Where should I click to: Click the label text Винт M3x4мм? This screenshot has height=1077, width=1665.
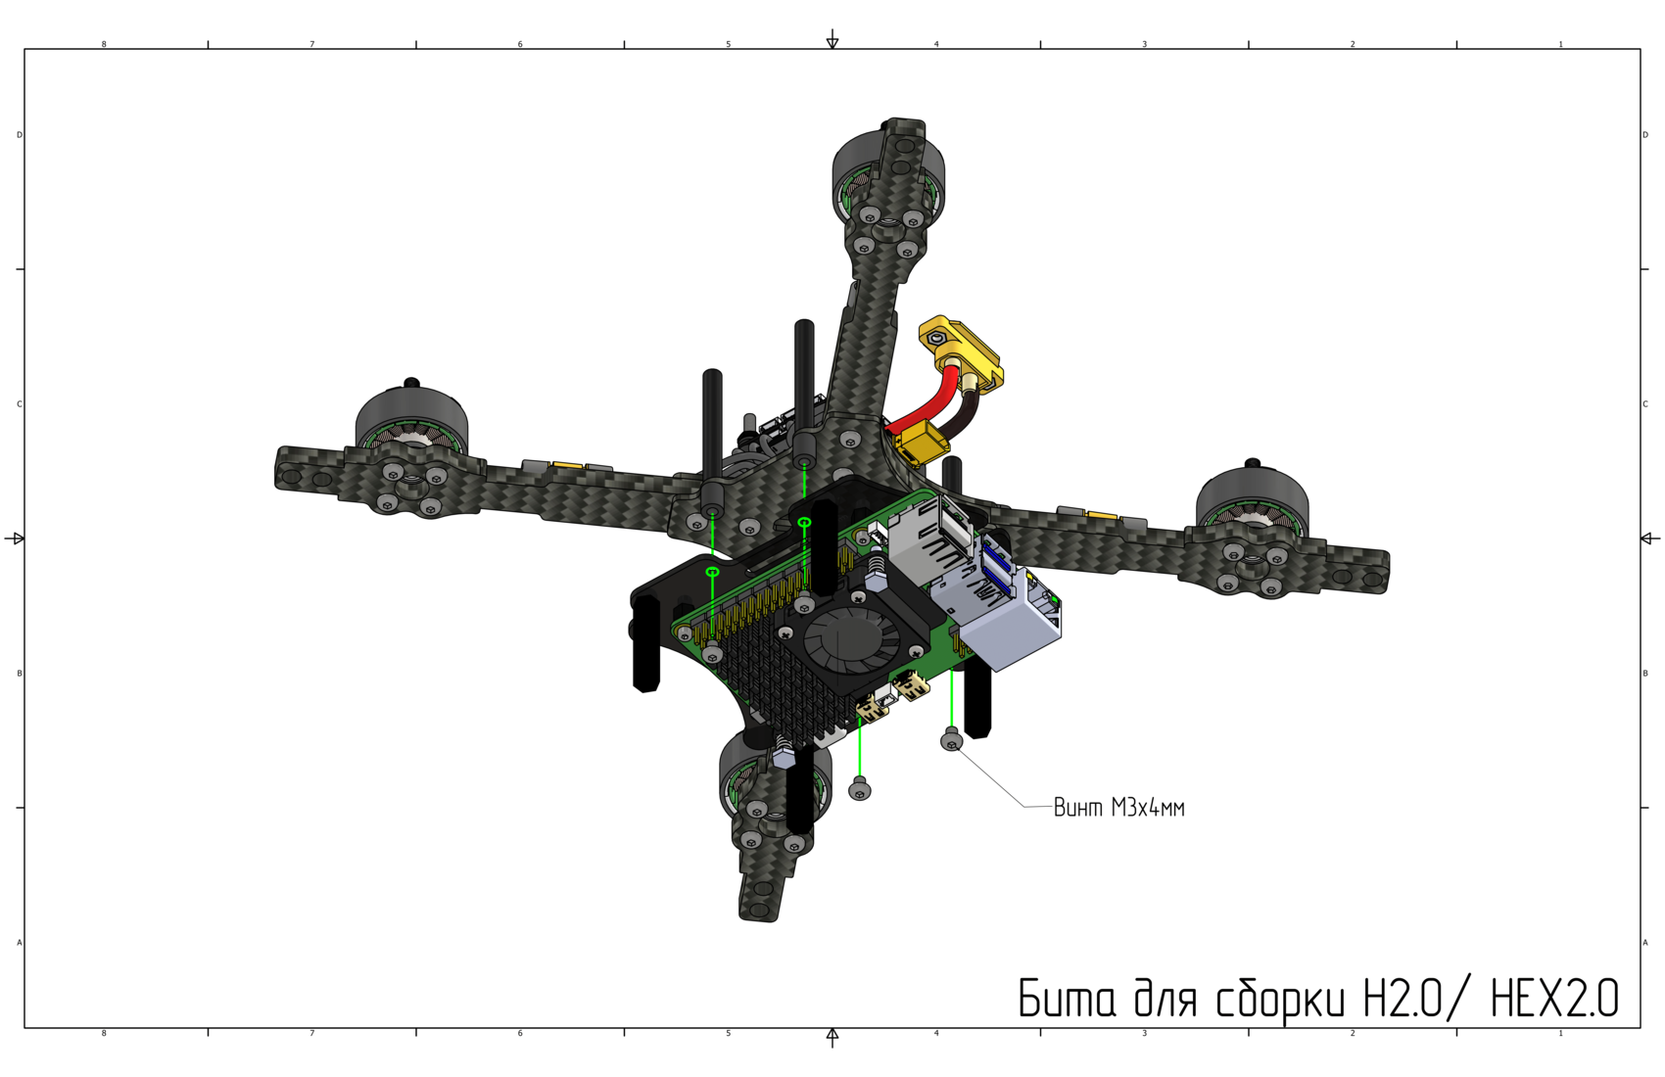1118,807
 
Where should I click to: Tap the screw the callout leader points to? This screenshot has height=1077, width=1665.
951,740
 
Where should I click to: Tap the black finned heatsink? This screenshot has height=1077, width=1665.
773,683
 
